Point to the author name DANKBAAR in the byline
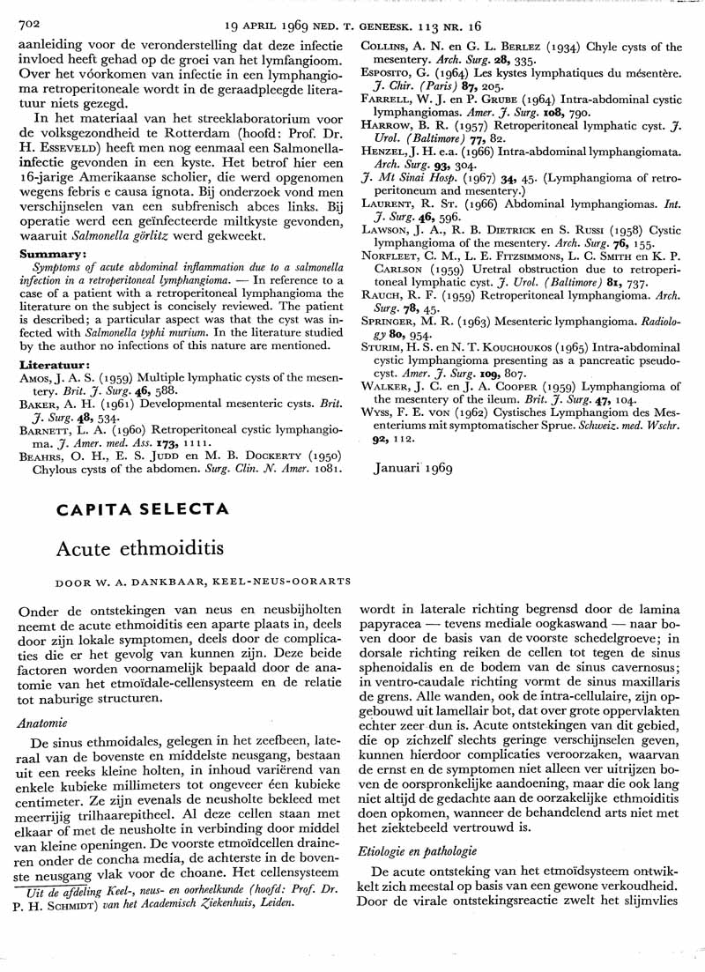click(152, 582)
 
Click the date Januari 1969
click(412, 467)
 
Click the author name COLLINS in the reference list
click(394, 47)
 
